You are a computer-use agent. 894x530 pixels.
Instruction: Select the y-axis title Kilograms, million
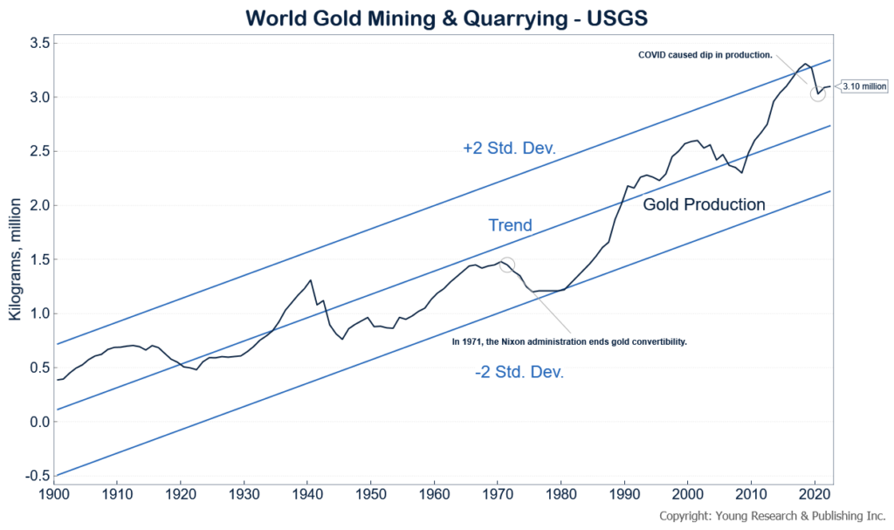click(16, 259)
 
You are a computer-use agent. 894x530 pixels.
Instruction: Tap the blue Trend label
click(510, 225)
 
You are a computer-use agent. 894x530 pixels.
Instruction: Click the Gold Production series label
click(704, 205)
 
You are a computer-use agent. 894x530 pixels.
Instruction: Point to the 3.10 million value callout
click(860, 86)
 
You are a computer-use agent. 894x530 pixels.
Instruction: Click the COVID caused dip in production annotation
click(705, 55)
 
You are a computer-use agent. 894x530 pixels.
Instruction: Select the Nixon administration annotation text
click(569, 341)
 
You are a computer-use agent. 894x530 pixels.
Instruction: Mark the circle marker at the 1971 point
click(506, 265)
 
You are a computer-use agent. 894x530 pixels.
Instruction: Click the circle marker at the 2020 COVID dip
click(817, 93)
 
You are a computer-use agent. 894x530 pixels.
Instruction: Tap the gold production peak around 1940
click(310, 280)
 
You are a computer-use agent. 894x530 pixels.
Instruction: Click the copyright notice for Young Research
click(772, 515)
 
